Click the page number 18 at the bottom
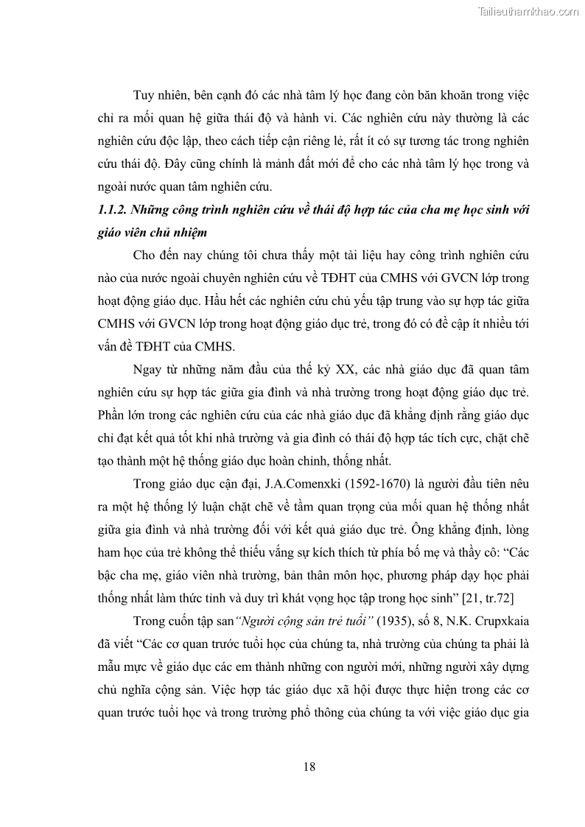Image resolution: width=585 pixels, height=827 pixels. [309, 767]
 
